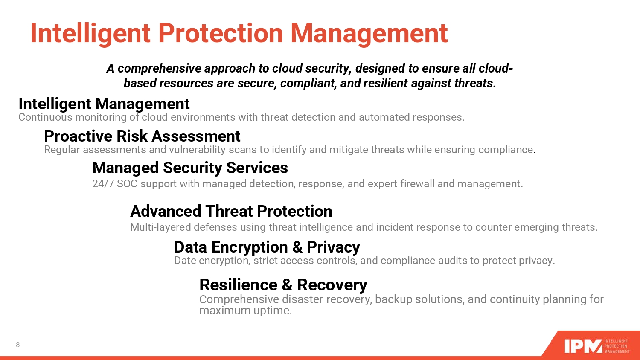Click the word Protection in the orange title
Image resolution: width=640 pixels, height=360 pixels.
click(220, 33)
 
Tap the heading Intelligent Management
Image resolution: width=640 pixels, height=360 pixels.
click(104, 104)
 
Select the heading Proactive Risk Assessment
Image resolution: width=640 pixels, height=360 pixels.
click(142, 136)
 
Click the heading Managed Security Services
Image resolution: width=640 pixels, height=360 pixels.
click(190, 168)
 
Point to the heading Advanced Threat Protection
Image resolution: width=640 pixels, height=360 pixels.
click(231, 211)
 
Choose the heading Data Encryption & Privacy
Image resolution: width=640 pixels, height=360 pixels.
click(267, 247)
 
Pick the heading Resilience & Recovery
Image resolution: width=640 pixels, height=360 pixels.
click(283, 285)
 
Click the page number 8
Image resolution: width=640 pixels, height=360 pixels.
click(18, 345)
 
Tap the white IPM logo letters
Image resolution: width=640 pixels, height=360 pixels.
click(583, 346)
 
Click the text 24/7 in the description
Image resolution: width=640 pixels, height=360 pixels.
click(103, 184)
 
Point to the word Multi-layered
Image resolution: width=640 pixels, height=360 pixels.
click(160, 227)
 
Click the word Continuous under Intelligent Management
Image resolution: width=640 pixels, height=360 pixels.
click(45, 117)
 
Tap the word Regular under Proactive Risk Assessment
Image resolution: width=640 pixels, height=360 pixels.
click(62, 150)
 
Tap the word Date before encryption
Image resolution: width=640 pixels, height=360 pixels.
click(185, 261)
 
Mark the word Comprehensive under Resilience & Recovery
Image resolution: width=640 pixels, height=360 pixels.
click(239, 300)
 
